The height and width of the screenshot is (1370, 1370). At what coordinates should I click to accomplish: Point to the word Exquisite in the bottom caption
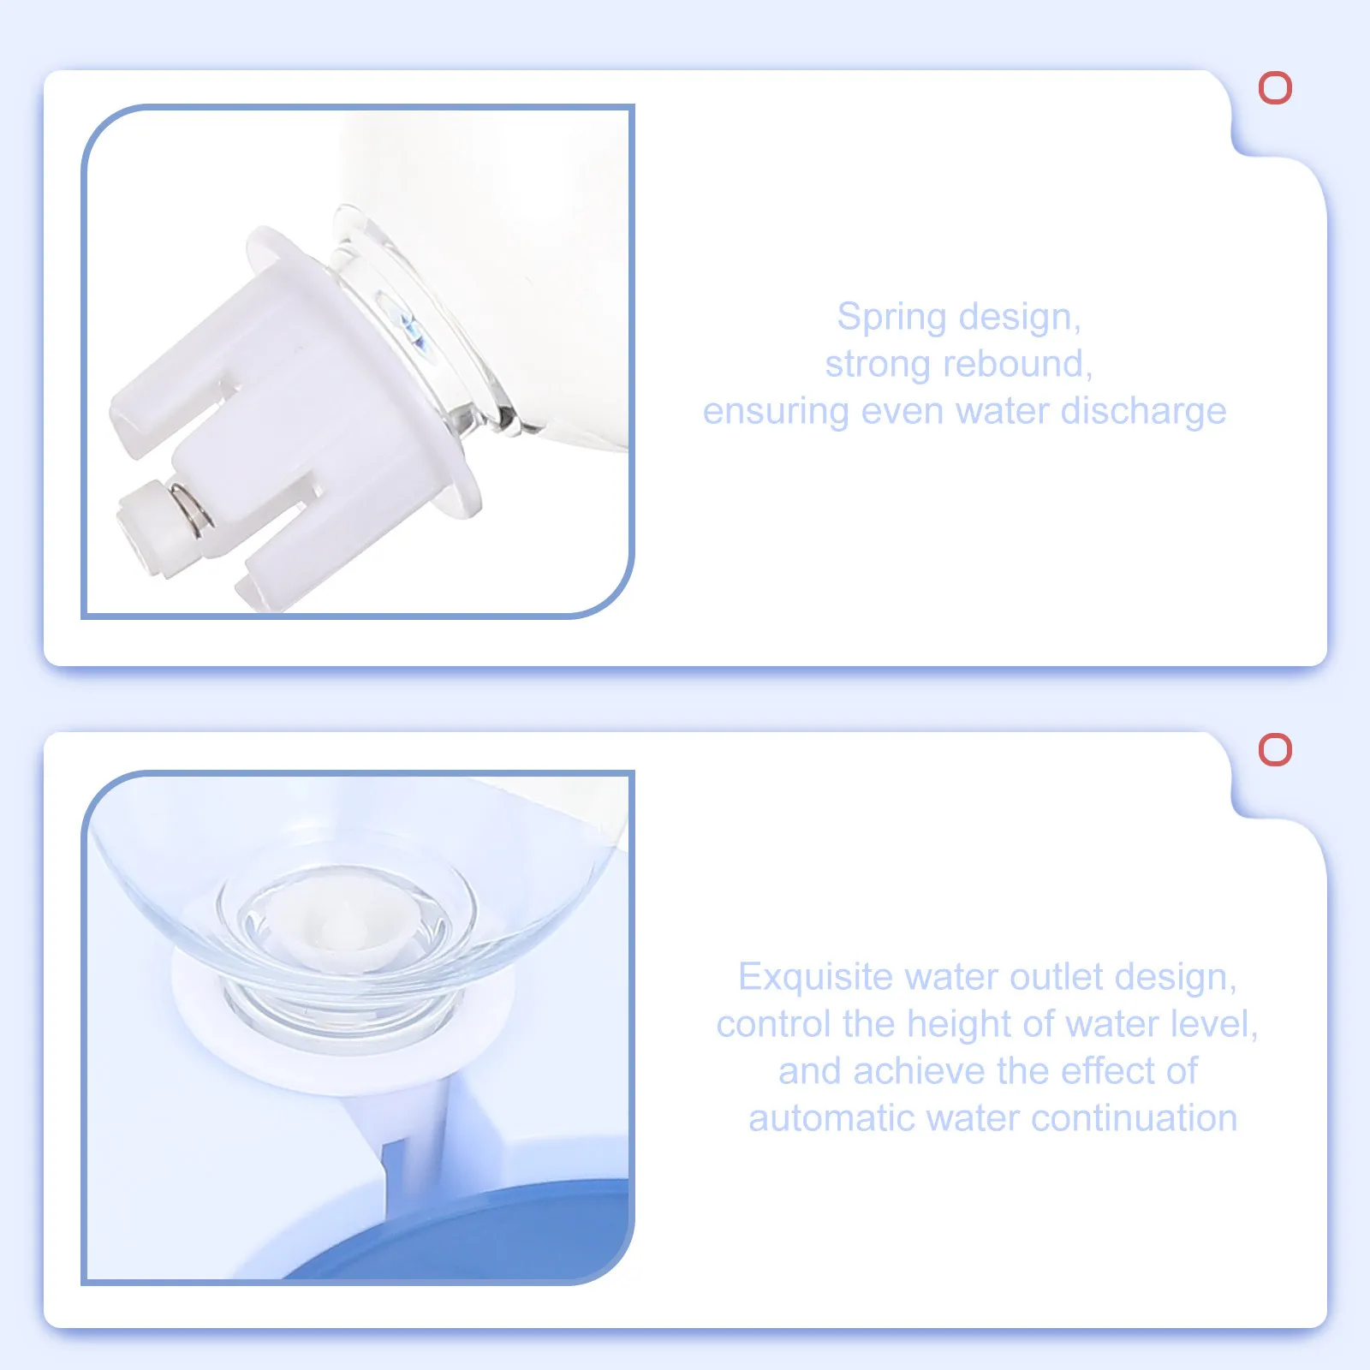(814, 977)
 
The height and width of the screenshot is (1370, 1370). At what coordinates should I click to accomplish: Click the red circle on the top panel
(1275, 88)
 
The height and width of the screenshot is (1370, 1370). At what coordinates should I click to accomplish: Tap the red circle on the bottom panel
(1275, 749)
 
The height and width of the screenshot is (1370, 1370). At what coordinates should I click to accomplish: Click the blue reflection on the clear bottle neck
(412, 330)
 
